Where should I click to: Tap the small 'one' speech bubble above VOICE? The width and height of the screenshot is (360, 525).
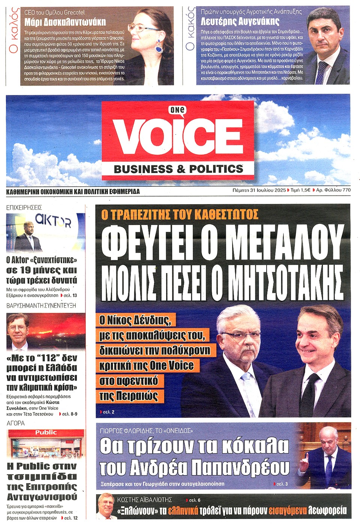click(x=177, y=110)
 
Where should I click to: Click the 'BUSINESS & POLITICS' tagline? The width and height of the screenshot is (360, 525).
click(x=178, y=169)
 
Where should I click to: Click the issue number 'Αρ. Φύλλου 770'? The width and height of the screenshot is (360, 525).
click(x=333, y=190)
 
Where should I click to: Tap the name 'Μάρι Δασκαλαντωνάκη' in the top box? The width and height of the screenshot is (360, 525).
click(x=65, y=21)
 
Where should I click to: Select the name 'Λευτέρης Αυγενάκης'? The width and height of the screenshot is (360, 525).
click(x=240, y=21)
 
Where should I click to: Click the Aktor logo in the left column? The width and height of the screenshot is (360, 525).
click(x=53, y=221)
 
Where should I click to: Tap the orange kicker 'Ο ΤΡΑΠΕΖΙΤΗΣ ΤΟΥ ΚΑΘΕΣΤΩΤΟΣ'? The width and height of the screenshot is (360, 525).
click(x=180, y=214)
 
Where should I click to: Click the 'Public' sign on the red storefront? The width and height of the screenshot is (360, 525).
click(x=46, y=432)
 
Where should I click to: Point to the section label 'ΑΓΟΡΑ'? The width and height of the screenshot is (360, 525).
click(x=16, y=423)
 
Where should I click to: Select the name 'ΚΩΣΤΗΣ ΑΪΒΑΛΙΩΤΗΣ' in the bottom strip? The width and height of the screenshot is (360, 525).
click(x=144, y=499)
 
